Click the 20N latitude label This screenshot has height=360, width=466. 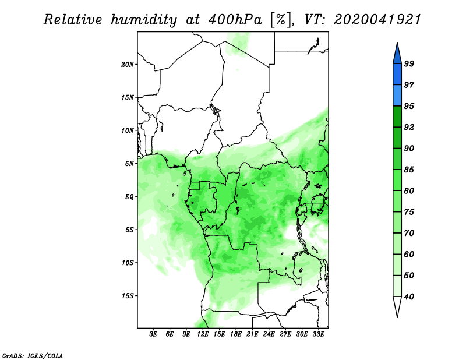[x=128, y=65]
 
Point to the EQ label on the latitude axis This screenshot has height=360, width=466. [x=129, y=197]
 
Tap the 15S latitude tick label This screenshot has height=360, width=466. [x=128, y=296]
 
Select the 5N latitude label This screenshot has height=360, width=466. [x=129, y=164]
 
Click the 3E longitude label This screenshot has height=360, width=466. [x=153, y=334]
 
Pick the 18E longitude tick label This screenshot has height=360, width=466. [x=236, y=334]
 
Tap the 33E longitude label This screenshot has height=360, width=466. [x=318, y=334]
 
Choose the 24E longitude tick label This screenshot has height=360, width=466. [x=269, y=334]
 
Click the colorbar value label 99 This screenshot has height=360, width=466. [x=409, y=63]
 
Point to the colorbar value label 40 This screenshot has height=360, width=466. [x=409, y=297]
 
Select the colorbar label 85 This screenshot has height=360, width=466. [x=409, y=170]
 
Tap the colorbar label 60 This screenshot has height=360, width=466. [x=409, y=254]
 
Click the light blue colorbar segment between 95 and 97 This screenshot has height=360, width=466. [x=397, y=96]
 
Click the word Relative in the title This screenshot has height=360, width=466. [x=73, y=20]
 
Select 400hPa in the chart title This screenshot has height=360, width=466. [x=235, y=20]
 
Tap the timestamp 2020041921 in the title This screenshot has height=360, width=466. [x=377, y=20]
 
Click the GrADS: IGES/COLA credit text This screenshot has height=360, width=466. [x=33, y=355]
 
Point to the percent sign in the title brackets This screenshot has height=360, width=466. [x=281, y=20]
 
